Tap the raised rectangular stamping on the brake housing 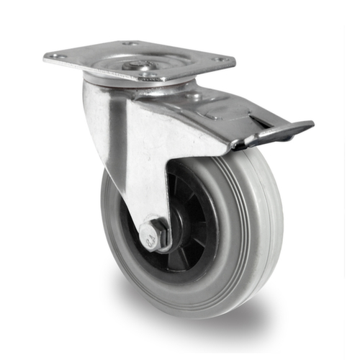[216, 112]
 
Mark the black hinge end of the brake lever [238, 144]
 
